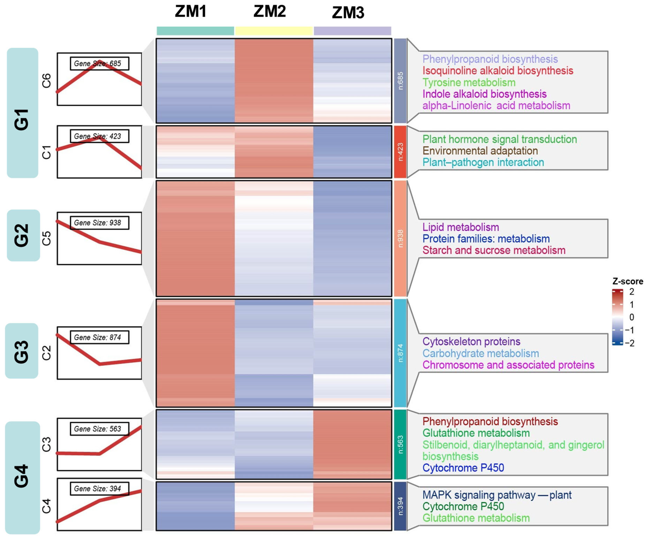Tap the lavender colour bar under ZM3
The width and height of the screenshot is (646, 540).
click(x=352, y=31)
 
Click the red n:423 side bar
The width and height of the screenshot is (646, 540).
click(x=400, y=152)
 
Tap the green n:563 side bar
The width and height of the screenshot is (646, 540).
click(x=400, y=444)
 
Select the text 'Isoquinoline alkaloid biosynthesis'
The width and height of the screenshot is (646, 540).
click(x=497, y=71)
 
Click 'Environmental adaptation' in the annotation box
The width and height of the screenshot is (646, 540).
click(x=480, y=151)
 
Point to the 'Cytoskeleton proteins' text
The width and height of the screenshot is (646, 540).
click(x=471, y=341)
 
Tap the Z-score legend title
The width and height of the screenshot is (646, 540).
click(x=628, y=281)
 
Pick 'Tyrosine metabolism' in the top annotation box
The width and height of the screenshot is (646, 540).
click(x=469, y=82)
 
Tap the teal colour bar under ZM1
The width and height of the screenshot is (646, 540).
click(x=195, y=31)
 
